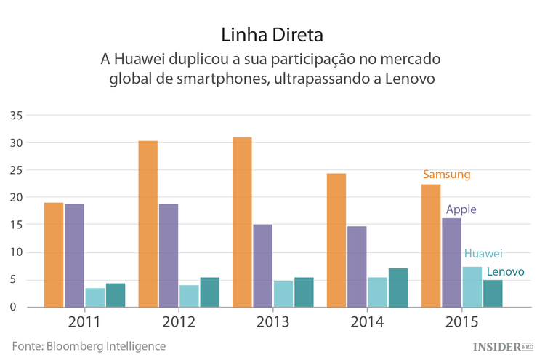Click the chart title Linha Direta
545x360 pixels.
pos(272,34)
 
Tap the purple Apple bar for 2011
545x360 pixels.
pos(74,255)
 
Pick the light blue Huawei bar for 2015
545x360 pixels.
pos(472,287)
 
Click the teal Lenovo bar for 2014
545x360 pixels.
pos(398,287)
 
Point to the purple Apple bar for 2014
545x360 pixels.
pos(357,266)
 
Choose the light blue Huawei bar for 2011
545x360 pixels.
pos(95,297)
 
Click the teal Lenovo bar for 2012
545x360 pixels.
pos(190,292)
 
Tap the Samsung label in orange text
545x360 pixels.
pos(447,175)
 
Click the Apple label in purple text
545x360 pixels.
pos(461,209)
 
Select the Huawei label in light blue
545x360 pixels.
pos(483,254)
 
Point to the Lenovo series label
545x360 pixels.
pos(506,272)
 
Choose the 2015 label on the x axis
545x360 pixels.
pos(461,321)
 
